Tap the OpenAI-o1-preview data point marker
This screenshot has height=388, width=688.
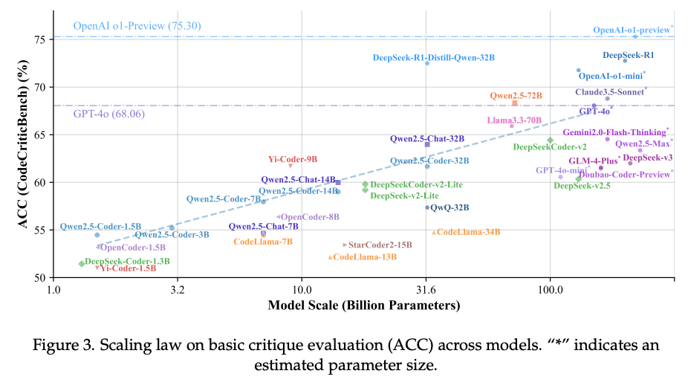pos(635,36)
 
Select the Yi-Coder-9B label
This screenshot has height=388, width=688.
pos(293,159)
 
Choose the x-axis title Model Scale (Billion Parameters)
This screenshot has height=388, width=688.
pos(363,305)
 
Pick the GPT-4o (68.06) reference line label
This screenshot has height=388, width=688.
pos(108,114)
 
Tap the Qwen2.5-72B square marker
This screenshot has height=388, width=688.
pos(514,103)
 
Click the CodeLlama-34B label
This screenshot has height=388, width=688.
pos(468,233)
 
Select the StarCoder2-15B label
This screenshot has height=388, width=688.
pos(380,245)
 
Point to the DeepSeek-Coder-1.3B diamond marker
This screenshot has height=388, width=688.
pos(81,264)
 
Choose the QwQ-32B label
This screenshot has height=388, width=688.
pos(450,208)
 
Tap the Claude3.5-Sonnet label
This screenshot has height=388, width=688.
pos(610,92)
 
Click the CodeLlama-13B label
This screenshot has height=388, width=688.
pos(365,257)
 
